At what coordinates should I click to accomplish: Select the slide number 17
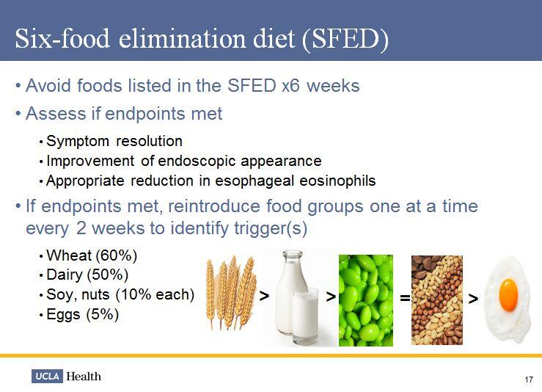(x=529, y=379)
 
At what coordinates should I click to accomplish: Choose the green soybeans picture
(x=365, y=300)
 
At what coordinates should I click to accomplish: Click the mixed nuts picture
(x=436, y=300)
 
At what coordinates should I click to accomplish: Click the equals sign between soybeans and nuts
(x=403, y=298)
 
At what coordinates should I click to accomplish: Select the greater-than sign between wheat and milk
(x=263, y=297)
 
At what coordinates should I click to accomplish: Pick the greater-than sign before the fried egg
(x=473, y=298)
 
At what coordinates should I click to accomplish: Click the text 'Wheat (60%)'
(x=92, y=256)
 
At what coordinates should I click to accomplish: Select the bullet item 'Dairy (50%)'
(x=87, y=275)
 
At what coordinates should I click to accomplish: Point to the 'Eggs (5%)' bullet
(x=82, y=314)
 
